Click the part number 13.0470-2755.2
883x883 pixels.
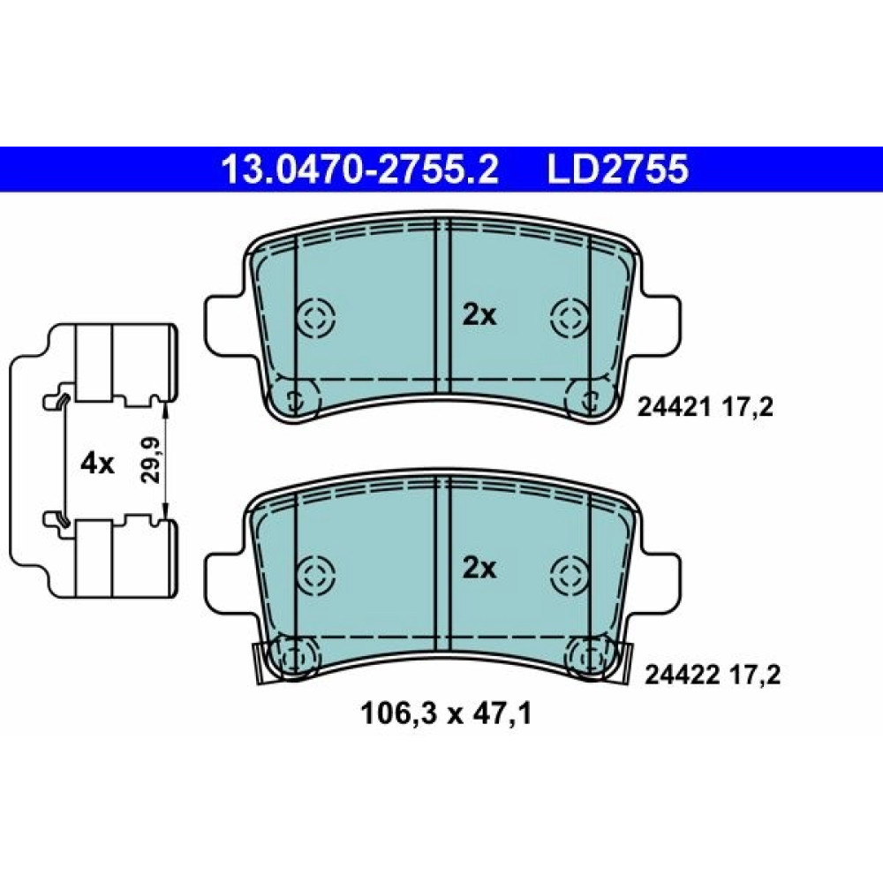click(x=360, y=170)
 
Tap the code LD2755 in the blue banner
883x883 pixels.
click(x=618, y=170)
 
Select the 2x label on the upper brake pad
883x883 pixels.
click(x=479, y=316)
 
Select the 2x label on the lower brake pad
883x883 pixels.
click(x=479, y=569)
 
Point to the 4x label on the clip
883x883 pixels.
click(x=97, y=464)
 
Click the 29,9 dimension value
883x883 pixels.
click(x=150, y=459)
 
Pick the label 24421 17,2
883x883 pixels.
click(x=705, y=406)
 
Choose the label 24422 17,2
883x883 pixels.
click(x=713, y=674)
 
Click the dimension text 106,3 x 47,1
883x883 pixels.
click(x=446, y=714)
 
